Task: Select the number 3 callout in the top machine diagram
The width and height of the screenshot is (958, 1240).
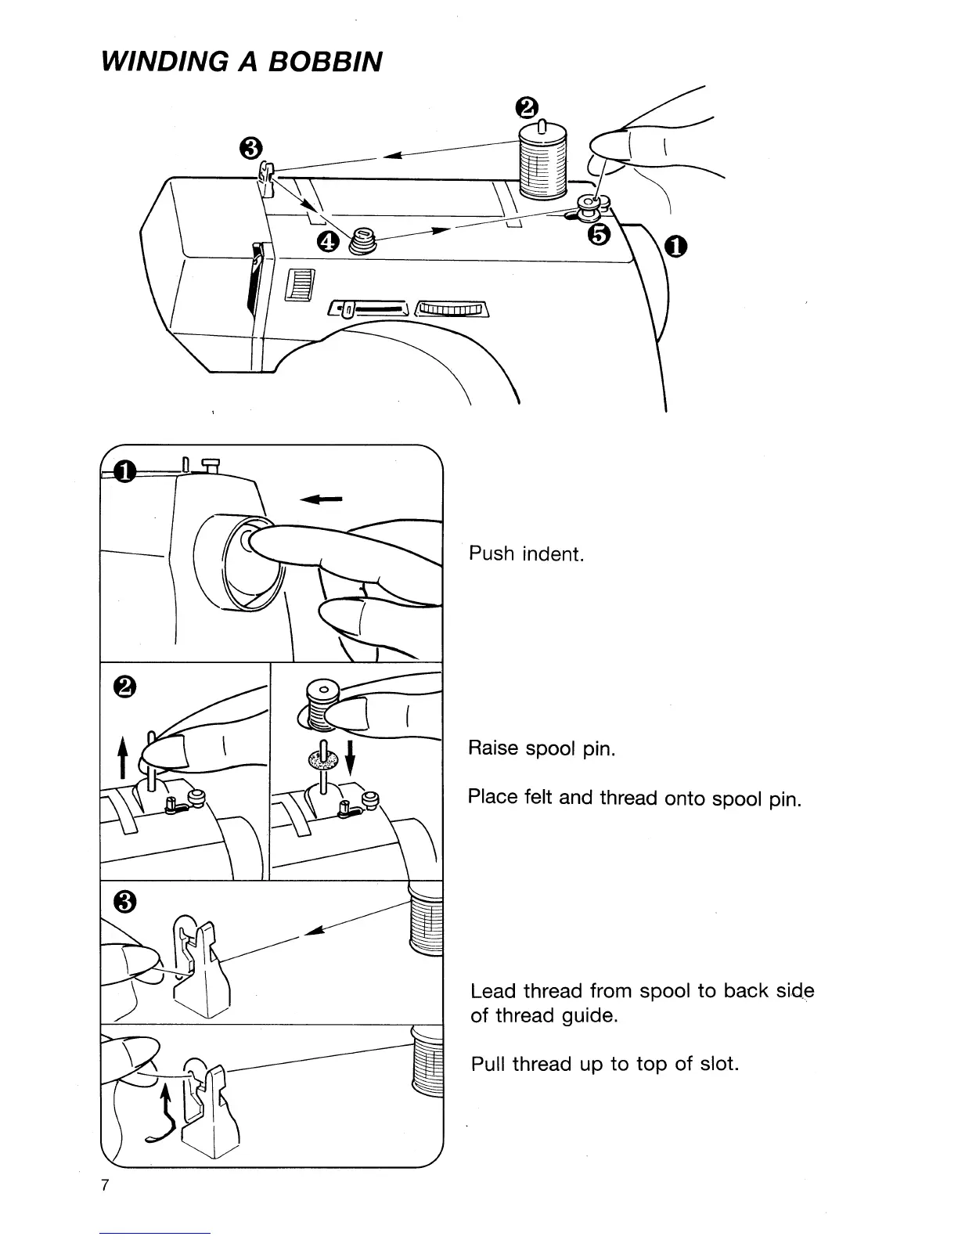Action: pyautogui.click(x=250, y=146)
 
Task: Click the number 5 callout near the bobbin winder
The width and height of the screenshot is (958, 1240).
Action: pyautogui.click(x=600, y=234)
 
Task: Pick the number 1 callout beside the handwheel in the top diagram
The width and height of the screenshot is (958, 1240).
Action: pyautogui.click(x=676, y=247)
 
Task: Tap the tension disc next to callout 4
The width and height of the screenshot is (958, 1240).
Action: pyautogui.click(x=361, y=240)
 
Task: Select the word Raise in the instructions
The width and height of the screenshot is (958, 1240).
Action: pyautogui.click(x=493, y=748)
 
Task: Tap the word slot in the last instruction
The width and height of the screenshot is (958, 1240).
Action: pyautogui.click(x=719, y=1065)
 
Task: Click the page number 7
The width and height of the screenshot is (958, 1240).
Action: pyautogui.click(x=104, y=1184)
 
